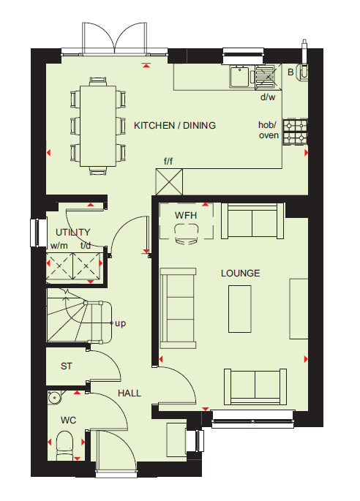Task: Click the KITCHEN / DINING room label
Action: coord(175,126)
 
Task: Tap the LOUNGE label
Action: coord(241,274)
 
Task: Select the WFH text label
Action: coord(186,215)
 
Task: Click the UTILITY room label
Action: coord(73,233)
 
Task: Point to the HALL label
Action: coord(130,393)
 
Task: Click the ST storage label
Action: coord(67,366)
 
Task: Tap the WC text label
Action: coord(69,420)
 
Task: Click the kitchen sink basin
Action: coord(239,76)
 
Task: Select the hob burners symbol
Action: coord(295,132)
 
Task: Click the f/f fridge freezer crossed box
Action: coord(169,182)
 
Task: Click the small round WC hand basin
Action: coord(55,398)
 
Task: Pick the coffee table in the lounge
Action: coord(240,309)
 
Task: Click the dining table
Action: coord(98,126)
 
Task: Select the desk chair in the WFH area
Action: coord(187,234)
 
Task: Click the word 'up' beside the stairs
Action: coord(120,323)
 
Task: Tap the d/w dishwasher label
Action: coord(268,97)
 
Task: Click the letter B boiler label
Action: coord(290,72)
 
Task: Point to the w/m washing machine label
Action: coord(59,246)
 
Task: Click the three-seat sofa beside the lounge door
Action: coord(178,308)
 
